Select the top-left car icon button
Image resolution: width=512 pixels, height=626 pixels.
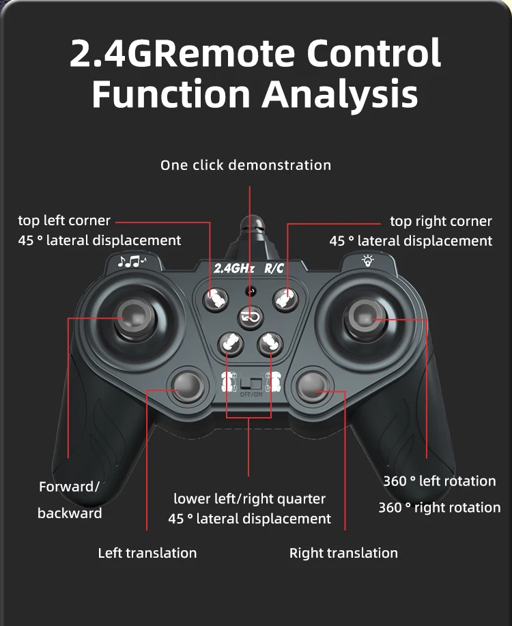[x=218, y=297]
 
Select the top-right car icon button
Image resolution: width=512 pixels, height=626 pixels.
[x=285, y=297]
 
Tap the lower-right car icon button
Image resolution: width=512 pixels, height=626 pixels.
[x=270, y=343]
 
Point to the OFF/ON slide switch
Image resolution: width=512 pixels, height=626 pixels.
[x=251, y=384]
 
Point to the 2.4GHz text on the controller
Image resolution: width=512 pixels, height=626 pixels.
[x=233, y=268]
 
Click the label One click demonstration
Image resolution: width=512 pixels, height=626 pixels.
[x=246, y=165]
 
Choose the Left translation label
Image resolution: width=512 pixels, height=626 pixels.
[x=147, y=553]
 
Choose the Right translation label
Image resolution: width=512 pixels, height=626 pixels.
[x=343, y=553]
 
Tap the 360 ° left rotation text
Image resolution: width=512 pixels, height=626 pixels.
[x=439, y=481]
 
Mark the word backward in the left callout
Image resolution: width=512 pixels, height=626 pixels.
[x=70, y=513]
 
